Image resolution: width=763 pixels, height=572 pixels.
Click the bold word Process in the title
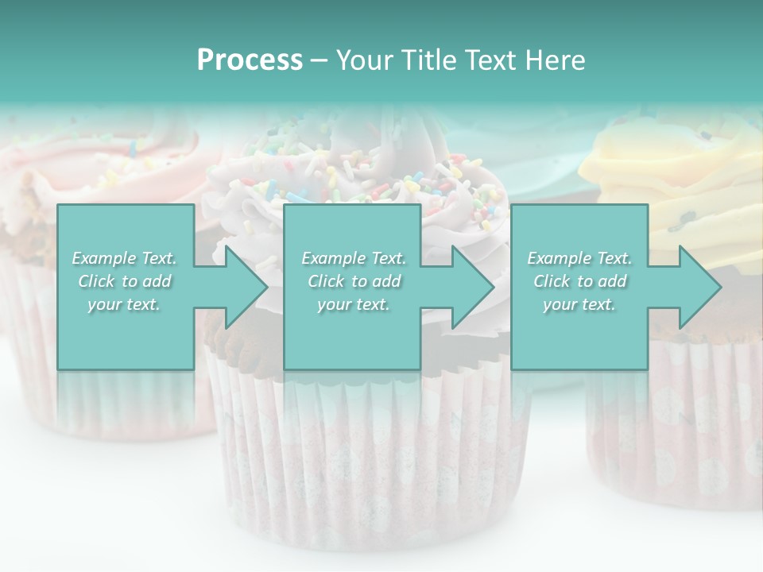[250, 60]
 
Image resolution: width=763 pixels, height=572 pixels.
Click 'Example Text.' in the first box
[125, 258]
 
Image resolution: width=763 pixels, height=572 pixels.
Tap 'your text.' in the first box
[125, 304]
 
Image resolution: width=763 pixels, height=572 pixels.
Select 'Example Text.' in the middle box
[354, 258]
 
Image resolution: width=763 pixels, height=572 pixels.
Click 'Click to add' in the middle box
[354, 281]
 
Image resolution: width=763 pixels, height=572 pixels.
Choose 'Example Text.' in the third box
[579, 258]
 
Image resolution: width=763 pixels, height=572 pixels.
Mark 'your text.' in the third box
[579, 304]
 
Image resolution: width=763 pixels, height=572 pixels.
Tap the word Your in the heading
[362, 60]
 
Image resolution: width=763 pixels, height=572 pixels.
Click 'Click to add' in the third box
[579, 281]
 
